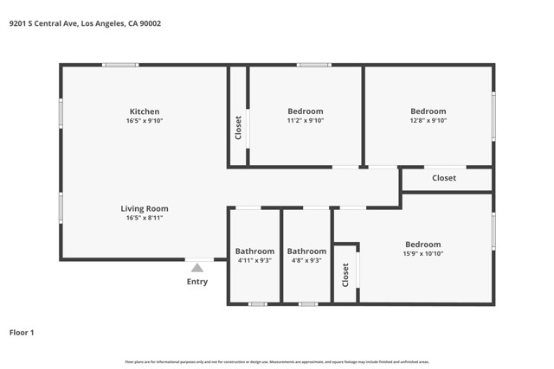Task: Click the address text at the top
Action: pyautogui.click(x=85, y=23)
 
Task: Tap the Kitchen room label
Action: pyautogui.click(x=145, y=111)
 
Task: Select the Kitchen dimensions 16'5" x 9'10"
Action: pyautogui.click(x=145, y=121)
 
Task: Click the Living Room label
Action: pyautogui.click(x=145, y=208)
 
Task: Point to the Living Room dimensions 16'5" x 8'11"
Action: pyautogui.click(x=145, y=218)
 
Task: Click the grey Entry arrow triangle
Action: pyautogui.click(x=197, y=268)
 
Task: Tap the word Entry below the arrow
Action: pyautogui.click(x=197, y=282)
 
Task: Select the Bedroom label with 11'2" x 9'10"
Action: pyautogui.click(x=305, y=111)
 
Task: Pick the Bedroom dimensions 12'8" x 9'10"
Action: pyautogui.click(x=428, y=121)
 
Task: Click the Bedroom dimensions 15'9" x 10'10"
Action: pyautogui.click(x=422, y=254)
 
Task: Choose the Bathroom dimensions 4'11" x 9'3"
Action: pyautogui.click(x=254, y=260)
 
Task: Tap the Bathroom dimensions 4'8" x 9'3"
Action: pyautogui.click(x=306, y=260)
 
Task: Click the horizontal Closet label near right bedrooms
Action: pyautogui.click(x=444, y=178)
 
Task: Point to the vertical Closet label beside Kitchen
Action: pyautogui.click(x=238, y=128)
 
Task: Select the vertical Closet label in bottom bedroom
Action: pyautogui.click(x=345, y=275)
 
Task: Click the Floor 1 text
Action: pyautogui.click(x=22, y=332)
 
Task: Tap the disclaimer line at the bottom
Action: pyautogui.click(x=277, y=362)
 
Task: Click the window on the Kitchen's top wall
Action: pyautogui.click(x=120, y=65)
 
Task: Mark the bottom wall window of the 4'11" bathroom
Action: pyautogui.click(x=257, y=304)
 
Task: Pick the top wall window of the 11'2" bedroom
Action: pyautogui.click(x=314, y=65)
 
